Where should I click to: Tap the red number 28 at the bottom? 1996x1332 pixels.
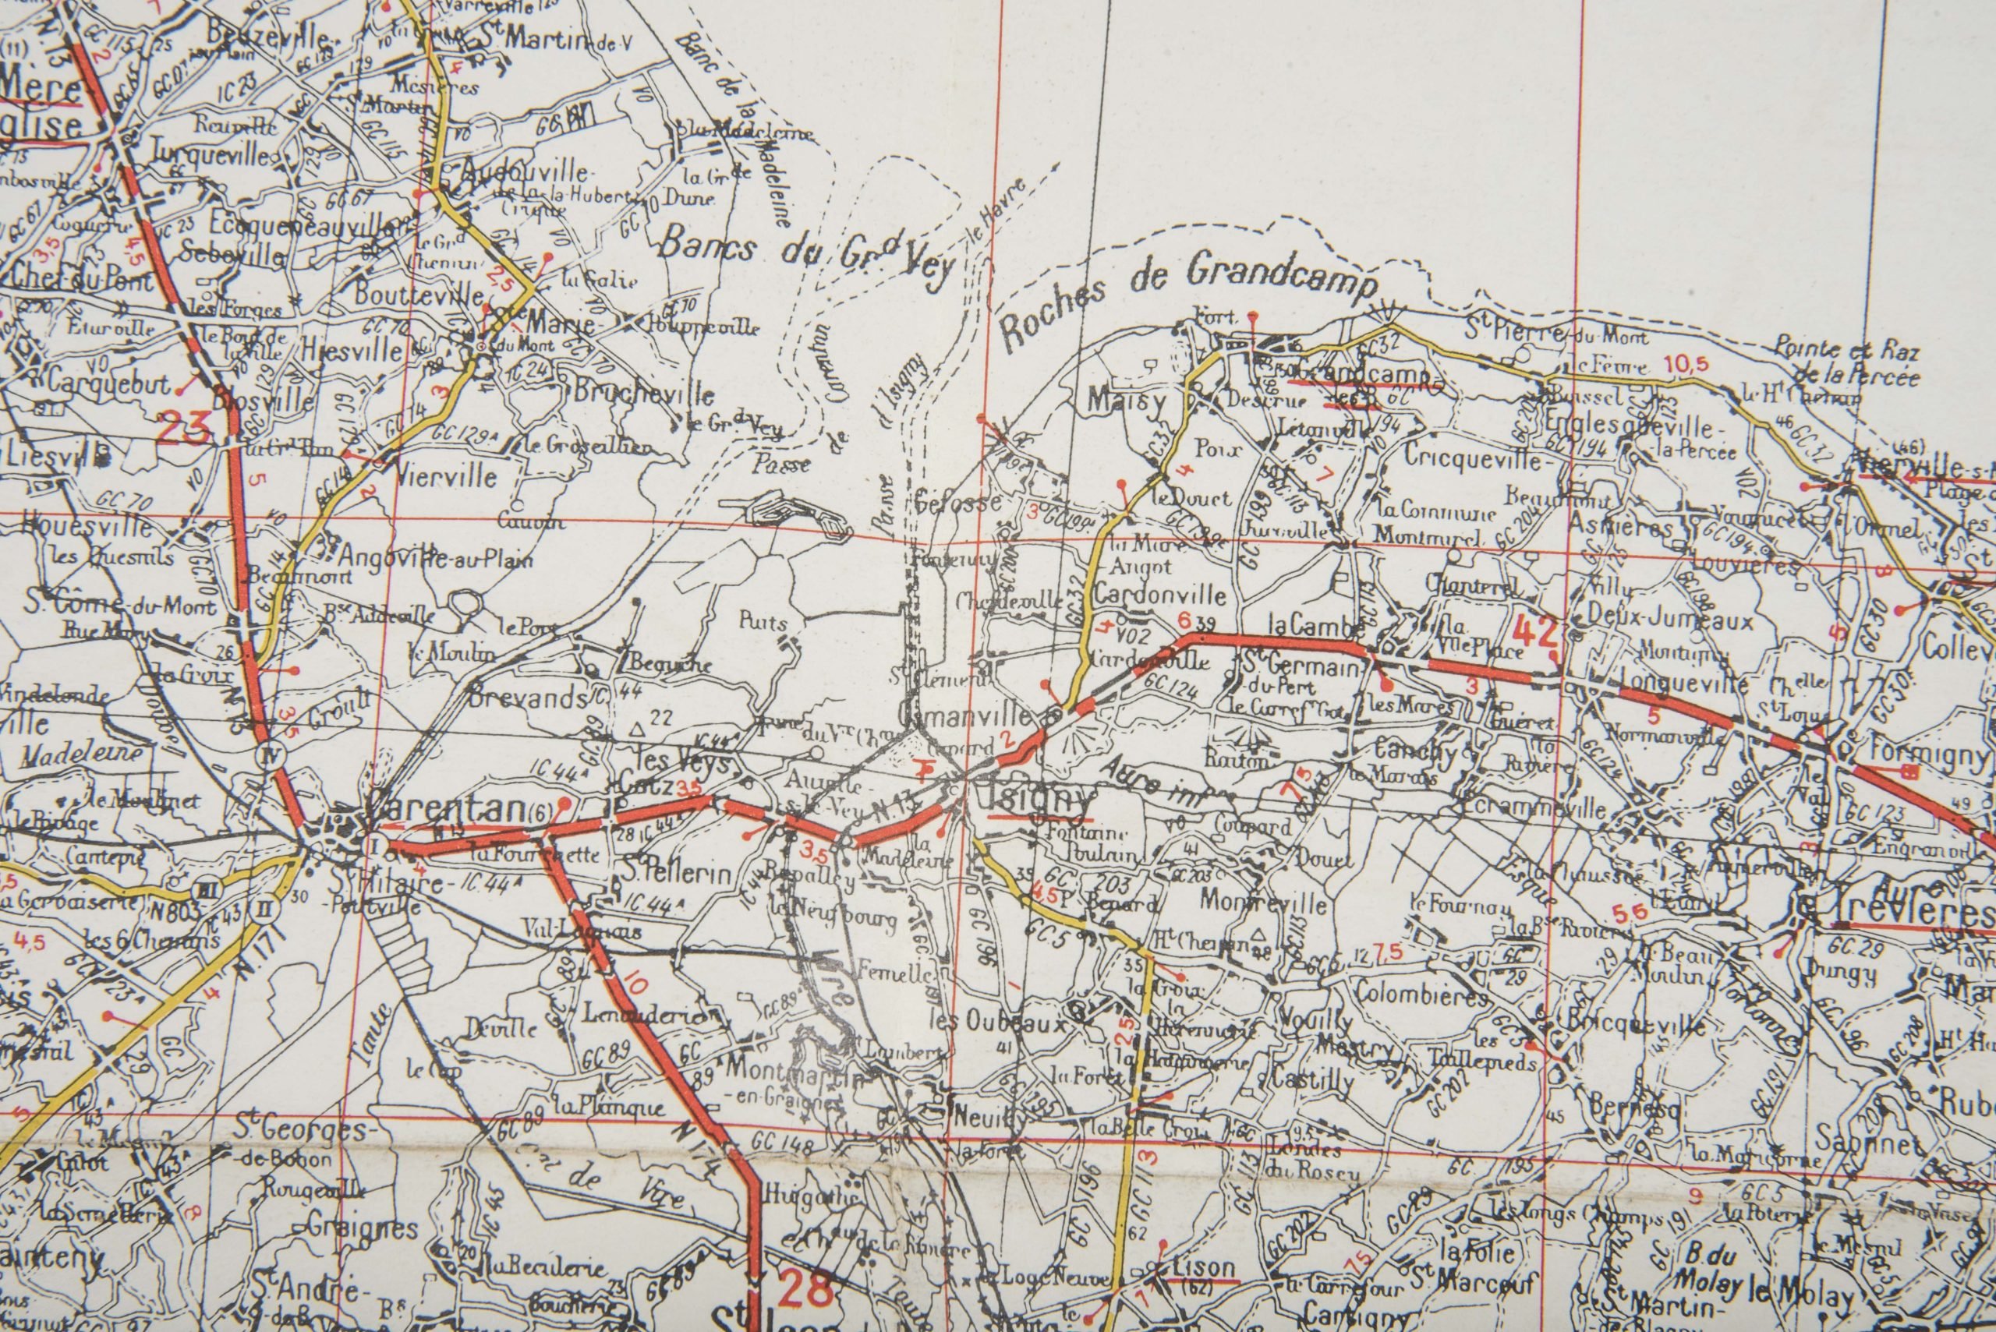click(804, 1291)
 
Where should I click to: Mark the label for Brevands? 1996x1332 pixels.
click(527, 698)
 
